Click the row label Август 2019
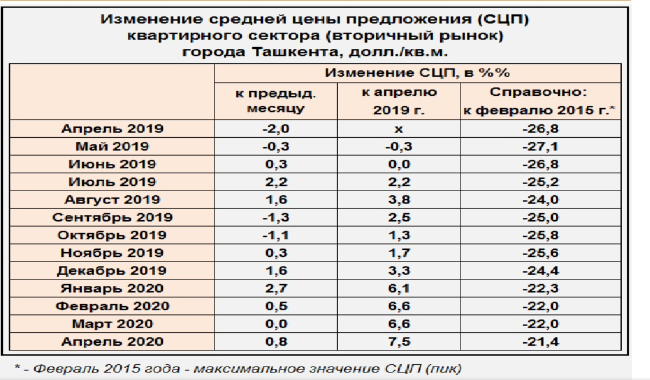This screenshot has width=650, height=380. pyautogui.click(x=113, y=200)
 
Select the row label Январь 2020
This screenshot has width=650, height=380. pyautogui.click(x=113, y=289)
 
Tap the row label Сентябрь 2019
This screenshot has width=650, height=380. pyautogui.click(x=113, y=218)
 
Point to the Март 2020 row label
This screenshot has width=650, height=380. pyautogui.click(x=113, y=324)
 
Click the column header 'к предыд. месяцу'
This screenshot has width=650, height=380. pyautogui.click(x=276, y=100)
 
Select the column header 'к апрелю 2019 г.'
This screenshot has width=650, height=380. pyautogui.click(x=399, y=100)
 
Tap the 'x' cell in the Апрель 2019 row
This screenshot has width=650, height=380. pyautogui.click(x=399, y=129)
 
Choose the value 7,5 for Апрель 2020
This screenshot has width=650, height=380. pyautogui.click(x=399, y=342)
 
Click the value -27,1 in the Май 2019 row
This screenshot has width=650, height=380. pyautogui.click(x=541, y=147)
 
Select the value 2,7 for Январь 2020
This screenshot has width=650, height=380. pyautogui.click(x=276, y=289)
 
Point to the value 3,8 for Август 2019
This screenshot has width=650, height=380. pyautogui.click(x=399, y=200)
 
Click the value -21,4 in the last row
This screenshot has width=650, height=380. pyautogui.click(x=541, y=342)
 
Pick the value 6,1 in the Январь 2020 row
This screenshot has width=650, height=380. pyautogui.click(x=399, y=289)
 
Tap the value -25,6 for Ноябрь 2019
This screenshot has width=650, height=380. pyautogui.click(x=541, y=253)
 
